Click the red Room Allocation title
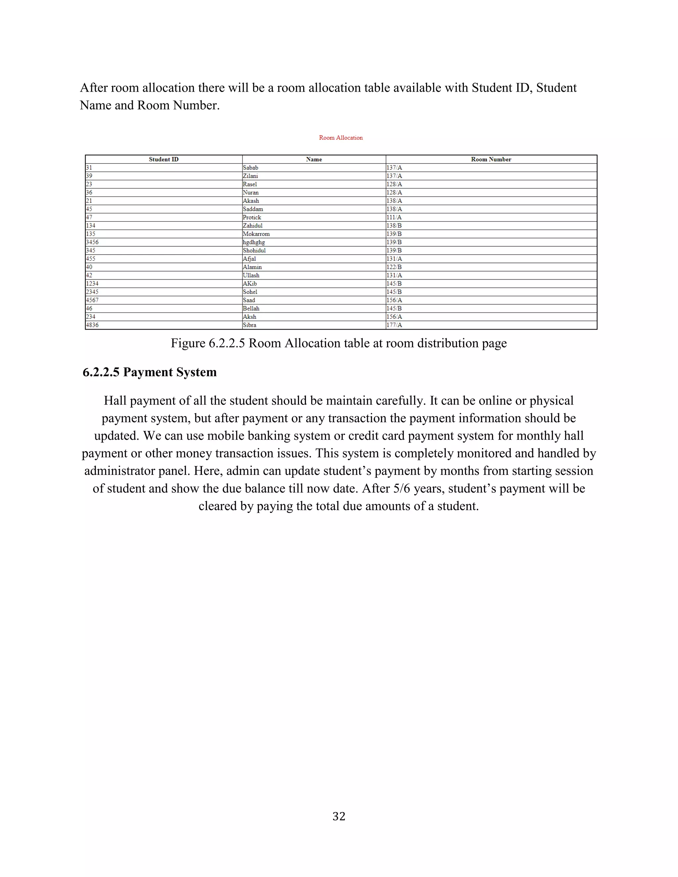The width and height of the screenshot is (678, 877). click(x=341, y=138)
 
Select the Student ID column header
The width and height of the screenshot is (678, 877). click(x=164, y=160)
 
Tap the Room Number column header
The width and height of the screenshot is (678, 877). click(x=491, y=160)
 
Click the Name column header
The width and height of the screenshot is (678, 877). click(x=314, y=160)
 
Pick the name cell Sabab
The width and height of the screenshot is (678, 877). click(x=250, y=168)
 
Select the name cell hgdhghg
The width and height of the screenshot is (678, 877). click(x=254, y=242)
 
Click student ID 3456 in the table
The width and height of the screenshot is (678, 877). click(x=92, y=242)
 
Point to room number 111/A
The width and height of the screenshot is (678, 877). click(x=394, y=217)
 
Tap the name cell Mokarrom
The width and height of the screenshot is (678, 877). click(x=256, y=234)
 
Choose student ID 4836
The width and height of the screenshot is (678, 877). click(x=92, y=325)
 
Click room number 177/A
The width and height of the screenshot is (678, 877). click(x=394, y=325)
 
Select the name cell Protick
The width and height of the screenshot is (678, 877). click(x=252, y=217)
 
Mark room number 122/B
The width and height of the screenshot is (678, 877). click(x=394, y=267)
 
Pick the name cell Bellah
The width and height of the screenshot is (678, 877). click(x=251, y=308)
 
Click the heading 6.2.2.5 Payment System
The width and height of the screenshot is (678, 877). click(x=149, y=372)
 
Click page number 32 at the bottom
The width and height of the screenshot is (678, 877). click(x=339, y=816)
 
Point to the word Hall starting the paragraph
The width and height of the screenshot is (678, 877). click(x=115, y=401)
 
